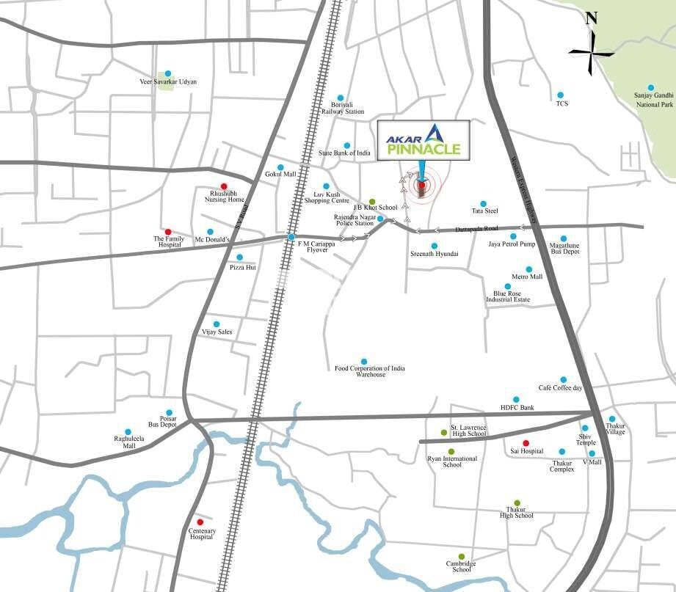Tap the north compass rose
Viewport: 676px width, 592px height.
pos(592,51)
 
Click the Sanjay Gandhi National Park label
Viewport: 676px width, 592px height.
pos(653,101)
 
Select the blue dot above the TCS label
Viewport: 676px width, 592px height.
pos(560,95)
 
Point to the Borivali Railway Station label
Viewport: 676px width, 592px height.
pos(343,108)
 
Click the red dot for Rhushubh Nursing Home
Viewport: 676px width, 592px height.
pos(224,186)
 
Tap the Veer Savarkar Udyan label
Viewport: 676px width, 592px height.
pos(168,82)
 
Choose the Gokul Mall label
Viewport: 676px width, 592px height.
pos(280,175)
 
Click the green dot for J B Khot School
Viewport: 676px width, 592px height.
pos(372,201)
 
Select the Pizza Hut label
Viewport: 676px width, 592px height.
pos(241,268)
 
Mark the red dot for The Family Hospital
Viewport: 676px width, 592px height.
pos(168,232)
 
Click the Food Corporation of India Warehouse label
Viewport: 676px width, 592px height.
pos(369,371)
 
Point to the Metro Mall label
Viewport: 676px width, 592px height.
pos(527,277)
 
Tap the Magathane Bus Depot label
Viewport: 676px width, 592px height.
pos(564,248)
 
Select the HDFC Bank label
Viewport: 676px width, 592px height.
pos(517,408)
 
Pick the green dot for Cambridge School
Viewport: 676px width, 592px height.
pos(461,556)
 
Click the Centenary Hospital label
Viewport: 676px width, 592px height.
pos(200,533)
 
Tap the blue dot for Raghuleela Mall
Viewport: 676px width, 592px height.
pos(128,432)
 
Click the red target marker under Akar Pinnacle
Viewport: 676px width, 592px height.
pos(421,185)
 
